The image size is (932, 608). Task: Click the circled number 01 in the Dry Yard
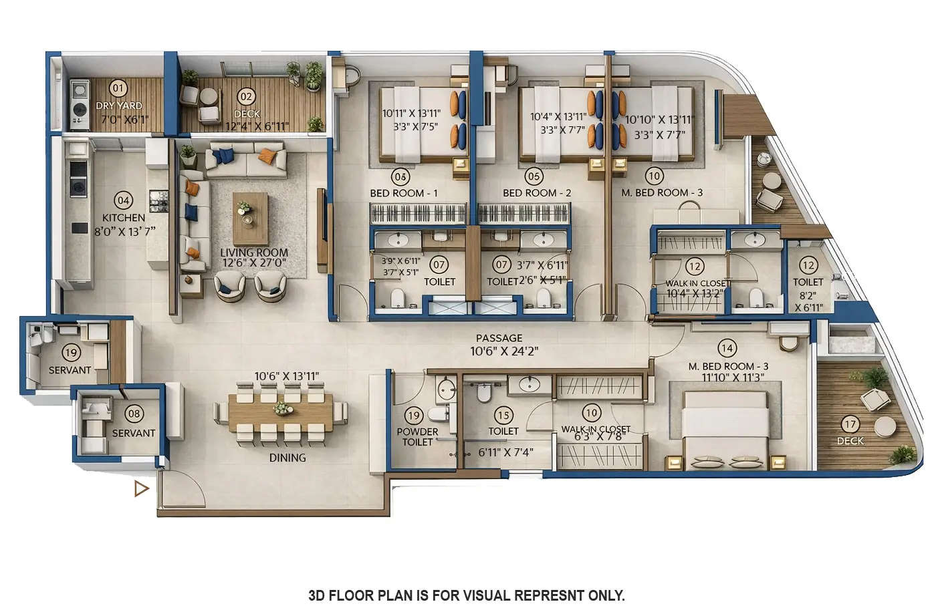pos(118,88)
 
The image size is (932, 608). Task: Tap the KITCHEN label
pos(123,218)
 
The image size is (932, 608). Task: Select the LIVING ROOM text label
pos(254,253)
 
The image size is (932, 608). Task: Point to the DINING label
pos(287,458)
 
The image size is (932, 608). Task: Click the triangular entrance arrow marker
pos(140,489)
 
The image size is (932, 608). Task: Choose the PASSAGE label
pos(499,338)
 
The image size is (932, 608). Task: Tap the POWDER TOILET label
pos(417,436)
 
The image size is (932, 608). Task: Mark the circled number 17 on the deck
pos(850,424)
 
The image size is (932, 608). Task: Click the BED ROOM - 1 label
pos(404,193)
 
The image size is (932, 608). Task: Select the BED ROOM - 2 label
pos(537,193)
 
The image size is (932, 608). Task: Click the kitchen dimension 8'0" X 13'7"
pos(124,231)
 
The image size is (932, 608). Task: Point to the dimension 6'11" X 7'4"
pos(505,452)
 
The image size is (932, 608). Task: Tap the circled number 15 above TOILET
pos(503,416)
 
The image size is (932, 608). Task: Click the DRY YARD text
pos(118,106)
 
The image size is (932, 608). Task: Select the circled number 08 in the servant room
pos(134,414)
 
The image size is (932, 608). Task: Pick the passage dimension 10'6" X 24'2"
pos(504,351)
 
